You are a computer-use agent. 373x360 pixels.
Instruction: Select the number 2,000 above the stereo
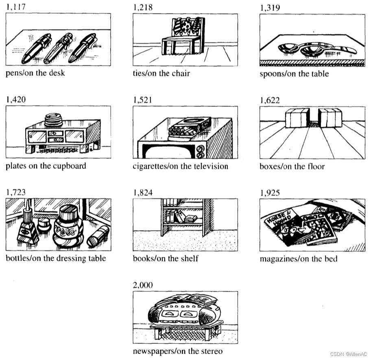tap(143, 285)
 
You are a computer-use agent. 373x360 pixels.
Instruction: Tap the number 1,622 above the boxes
tap(270, 100)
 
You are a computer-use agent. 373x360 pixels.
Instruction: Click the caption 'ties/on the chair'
tap(161, 74)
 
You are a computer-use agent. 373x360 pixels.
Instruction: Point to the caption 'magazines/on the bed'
tap(298, 259)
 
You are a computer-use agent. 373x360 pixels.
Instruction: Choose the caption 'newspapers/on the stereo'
tap(178, 351)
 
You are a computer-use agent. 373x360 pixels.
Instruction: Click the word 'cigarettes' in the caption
tap(150, 166)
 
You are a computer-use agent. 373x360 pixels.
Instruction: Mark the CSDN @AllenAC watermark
tap(349, 354)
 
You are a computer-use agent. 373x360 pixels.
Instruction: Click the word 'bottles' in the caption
tap(17, 258)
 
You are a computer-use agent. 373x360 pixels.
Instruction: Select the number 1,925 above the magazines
tap(270, 193)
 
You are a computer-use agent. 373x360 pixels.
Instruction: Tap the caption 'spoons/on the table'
tap(294, 74)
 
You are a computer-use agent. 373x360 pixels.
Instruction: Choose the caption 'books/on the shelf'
tap(166, 258)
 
